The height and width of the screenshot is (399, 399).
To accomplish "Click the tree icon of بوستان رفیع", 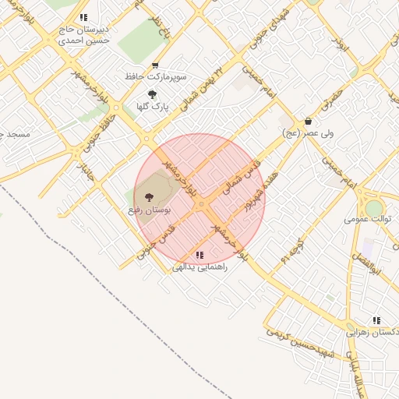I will (148, 197).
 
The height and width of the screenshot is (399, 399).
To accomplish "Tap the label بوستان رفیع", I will (150, 210).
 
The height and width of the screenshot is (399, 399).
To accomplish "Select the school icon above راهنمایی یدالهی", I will (200, 255).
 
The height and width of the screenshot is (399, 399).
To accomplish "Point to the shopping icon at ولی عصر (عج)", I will (309, 122).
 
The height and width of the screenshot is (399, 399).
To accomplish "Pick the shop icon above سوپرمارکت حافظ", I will (156, 66).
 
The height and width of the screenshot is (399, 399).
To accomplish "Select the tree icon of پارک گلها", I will (152, 94).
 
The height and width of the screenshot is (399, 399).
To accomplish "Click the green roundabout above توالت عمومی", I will (375, 208).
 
